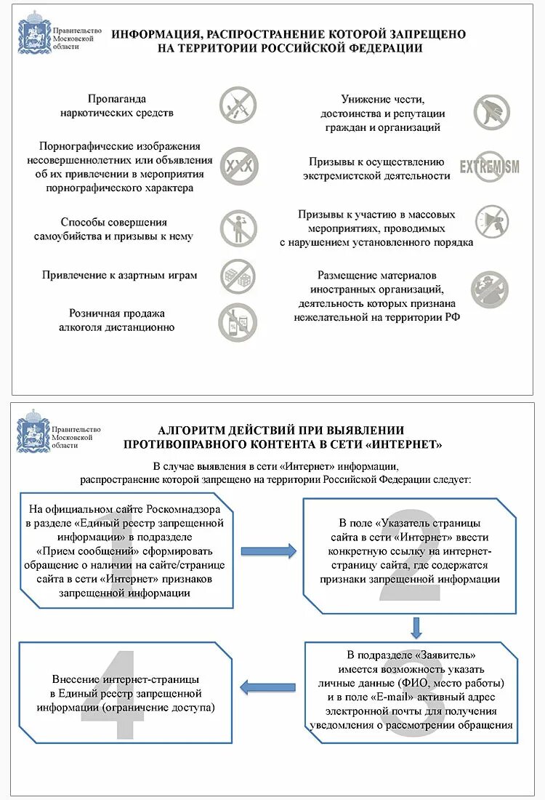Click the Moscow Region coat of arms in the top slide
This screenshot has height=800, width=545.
33,33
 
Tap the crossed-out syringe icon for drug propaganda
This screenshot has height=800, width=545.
238,105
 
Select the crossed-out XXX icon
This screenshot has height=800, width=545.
238,167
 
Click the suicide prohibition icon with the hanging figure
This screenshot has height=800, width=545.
238,227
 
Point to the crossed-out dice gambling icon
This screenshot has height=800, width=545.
238,276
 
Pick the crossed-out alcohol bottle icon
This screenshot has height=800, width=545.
238,322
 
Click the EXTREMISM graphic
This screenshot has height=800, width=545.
489,167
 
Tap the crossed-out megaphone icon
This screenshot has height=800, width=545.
492,221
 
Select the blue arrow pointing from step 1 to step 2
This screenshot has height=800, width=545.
268,551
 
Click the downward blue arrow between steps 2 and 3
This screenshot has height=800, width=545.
416,626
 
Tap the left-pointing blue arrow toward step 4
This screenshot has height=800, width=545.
268,685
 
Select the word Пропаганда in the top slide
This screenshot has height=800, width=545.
117,99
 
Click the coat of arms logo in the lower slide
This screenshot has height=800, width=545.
32,431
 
